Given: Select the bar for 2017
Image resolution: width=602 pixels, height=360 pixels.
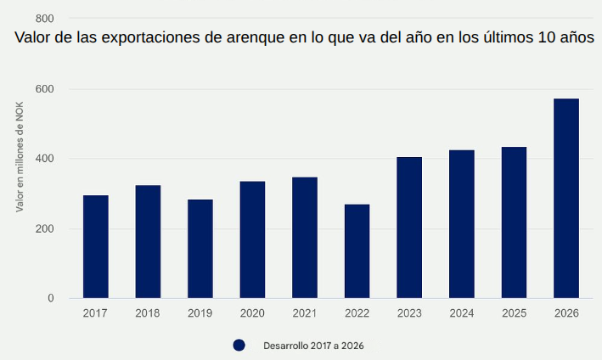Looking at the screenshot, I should (96, 246).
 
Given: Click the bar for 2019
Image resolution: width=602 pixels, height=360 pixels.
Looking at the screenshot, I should (200, 249).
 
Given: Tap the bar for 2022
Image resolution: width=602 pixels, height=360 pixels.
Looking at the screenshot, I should (357, 251).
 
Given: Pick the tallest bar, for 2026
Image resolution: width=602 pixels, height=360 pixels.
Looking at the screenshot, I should (566, 198).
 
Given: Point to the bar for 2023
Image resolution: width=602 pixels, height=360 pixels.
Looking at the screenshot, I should (409, 228).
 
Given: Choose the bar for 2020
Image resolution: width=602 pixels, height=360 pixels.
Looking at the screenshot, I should (252, 239).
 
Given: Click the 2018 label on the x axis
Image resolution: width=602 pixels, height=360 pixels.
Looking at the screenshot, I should (148, 313).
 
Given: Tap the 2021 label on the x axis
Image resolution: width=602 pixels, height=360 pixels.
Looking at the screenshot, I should (305, 313).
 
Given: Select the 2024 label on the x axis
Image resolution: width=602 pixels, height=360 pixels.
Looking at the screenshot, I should (462, 313).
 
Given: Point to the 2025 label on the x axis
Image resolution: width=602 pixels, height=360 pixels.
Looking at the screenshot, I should (514, 313).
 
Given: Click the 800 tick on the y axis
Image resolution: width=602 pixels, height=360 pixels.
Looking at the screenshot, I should (45, 19).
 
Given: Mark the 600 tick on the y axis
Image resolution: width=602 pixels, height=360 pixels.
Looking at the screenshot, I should (45, 89).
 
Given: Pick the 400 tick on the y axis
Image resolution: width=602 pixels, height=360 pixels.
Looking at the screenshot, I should (45, 159).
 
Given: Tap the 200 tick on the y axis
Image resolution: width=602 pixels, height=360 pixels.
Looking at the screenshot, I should (45, 228).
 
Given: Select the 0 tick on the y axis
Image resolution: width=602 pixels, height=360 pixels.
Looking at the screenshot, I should (50, 298).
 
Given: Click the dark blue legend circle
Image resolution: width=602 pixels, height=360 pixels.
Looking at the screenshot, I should (239, 346).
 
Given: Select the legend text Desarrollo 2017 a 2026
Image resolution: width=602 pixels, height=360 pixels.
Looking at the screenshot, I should (313, 346).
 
